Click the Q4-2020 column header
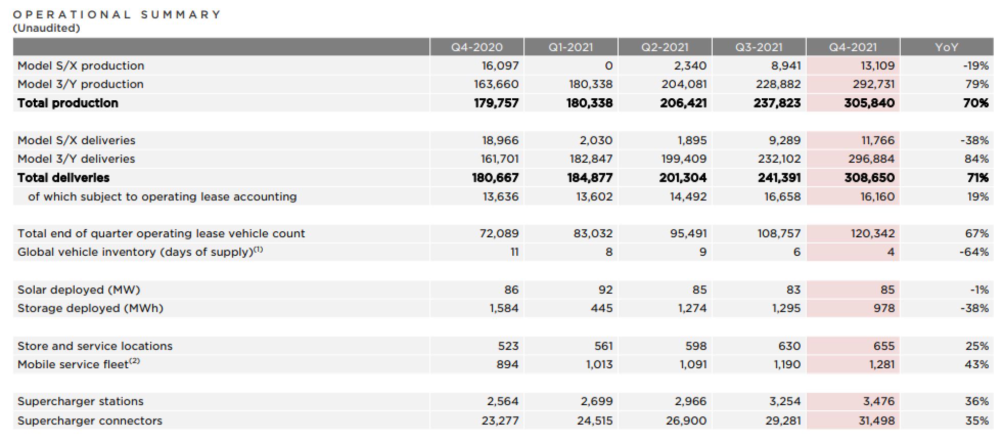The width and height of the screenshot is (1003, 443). click(x=476, y=47)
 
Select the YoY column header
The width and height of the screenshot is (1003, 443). click(x=946, y=47)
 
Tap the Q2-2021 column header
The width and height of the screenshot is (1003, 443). click(x=665, y=47)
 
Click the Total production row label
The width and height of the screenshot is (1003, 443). click(x=67, y=103)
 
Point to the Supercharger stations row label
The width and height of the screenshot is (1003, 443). click(x=80, y=402)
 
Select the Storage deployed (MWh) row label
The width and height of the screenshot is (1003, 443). click(x=90, y=308)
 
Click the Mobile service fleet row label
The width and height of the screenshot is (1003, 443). click(x=78, y=364)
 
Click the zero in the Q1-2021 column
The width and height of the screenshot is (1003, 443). click(x=608, y=65)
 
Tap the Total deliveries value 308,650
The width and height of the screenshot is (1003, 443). click(x=869, y=178)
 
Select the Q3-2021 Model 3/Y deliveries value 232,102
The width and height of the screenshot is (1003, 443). click(x=779, y=159)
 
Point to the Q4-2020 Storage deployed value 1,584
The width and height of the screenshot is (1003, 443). click(x=504, y=308)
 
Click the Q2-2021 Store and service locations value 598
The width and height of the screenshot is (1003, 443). click(x=696, y=346)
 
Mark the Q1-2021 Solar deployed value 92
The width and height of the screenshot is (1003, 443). click(x=605, y=290)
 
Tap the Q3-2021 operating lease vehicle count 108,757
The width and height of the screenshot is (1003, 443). click(x=779, y=234)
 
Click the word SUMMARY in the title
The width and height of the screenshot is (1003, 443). click(x=181, y=14)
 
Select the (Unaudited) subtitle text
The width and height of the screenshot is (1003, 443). click(x=47, y=28)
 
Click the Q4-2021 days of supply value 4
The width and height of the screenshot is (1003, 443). click(x=891, y=252)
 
